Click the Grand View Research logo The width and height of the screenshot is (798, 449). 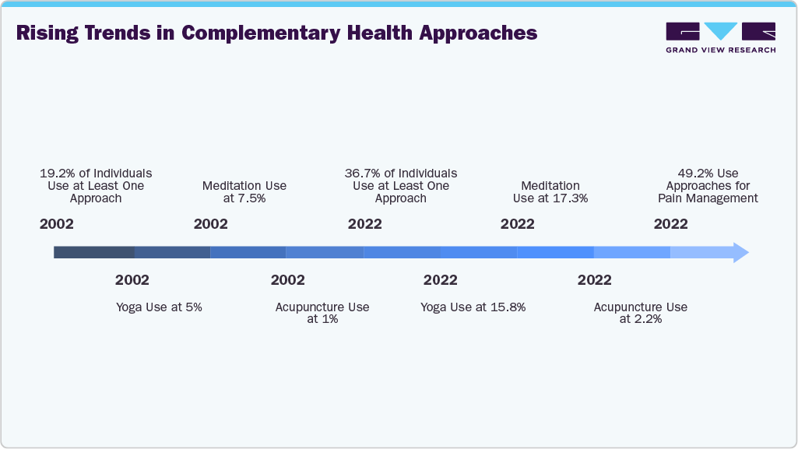720,37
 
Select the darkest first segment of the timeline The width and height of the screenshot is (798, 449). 93,252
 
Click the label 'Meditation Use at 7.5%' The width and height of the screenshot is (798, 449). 244,191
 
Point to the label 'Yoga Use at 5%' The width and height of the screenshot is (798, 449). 159,307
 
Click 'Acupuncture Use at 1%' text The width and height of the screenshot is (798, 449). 322,313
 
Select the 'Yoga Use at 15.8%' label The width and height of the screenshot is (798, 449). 473,307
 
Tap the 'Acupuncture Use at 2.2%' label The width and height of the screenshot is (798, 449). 640,313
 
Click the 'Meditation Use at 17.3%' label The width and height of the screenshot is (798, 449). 550,191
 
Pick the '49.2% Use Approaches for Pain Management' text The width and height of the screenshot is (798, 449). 707,186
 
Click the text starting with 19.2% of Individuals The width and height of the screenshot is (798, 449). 96,185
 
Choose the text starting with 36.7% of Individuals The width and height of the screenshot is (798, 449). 401,185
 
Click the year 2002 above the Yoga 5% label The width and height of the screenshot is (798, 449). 132,280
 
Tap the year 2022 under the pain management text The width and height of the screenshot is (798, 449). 670,224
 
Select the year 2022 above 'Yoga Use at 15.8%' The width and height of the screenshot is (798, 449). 440,280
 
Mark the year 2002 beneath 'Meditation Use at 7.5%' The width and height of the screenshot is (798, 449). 210,224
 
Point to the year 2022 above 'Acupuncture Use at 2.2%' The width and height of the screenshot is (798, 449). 594,280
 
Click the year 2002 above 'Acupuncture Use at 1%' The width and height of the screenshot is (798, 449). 287,280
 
